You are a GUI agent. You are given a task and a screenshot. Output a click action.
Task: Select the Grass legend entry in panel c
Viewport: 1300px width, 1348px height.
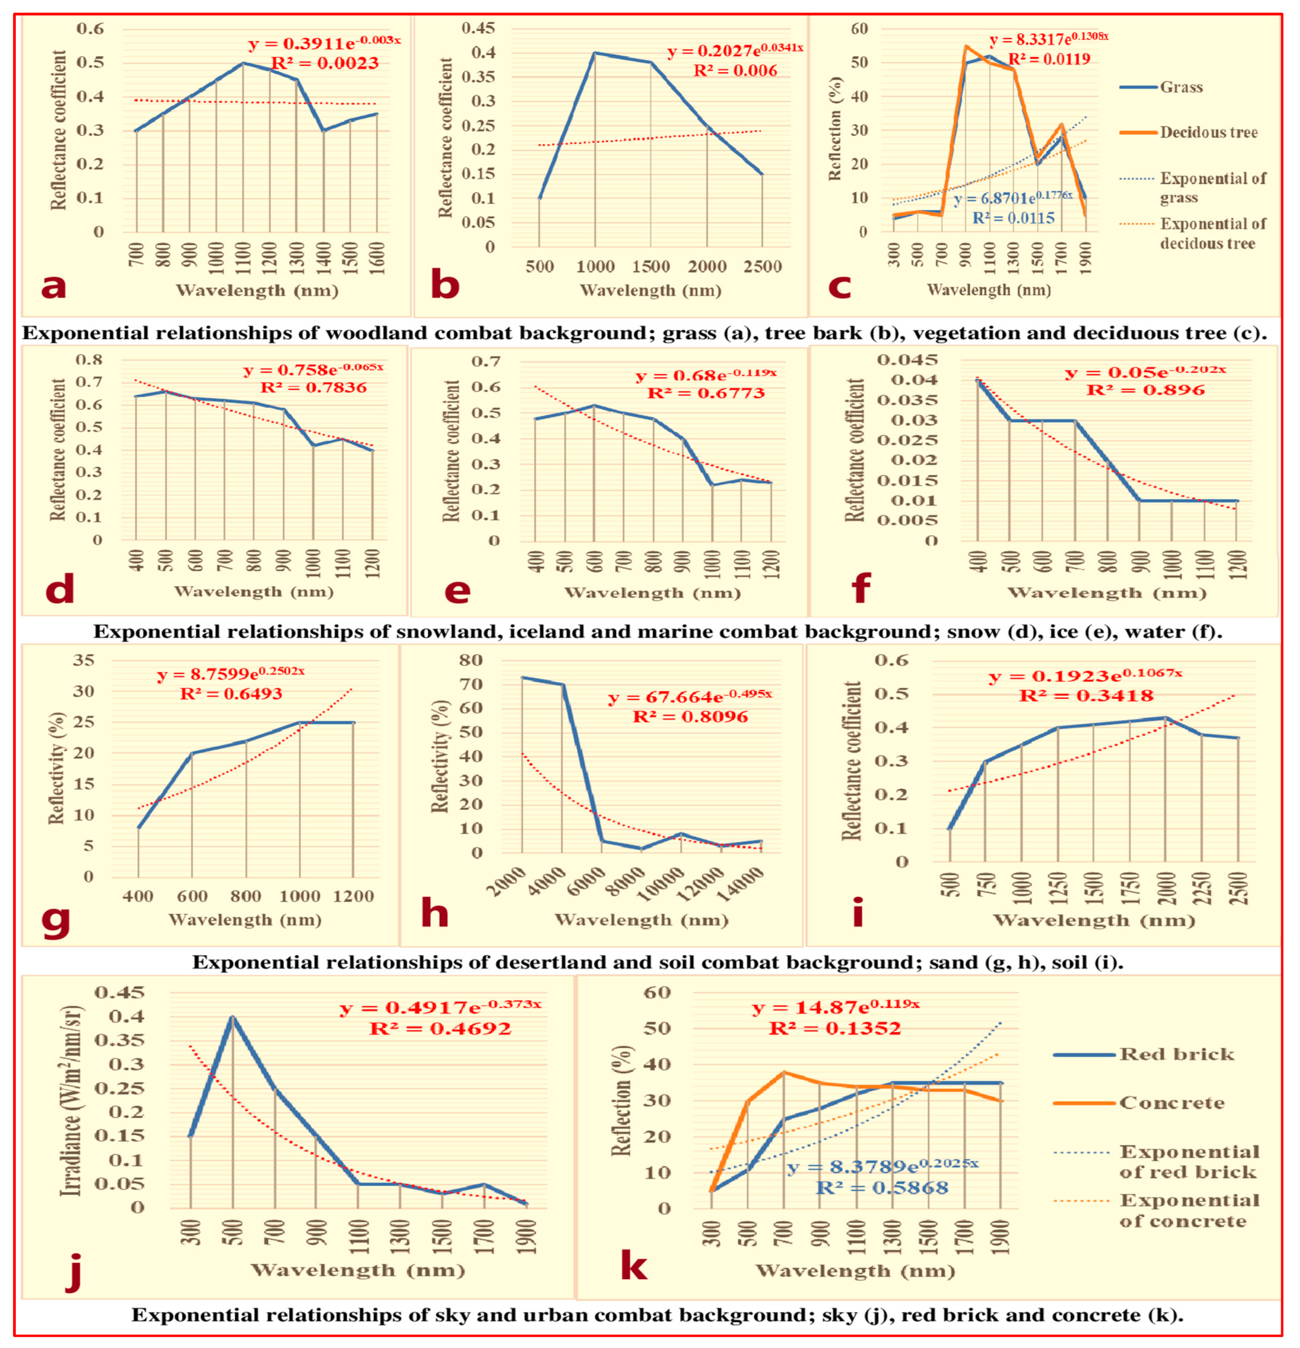click(x=1181, y=88)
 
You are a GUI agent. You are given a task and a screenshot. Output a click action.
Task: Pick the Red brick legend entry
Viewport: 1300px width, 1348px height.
click(x=1176, y=1054)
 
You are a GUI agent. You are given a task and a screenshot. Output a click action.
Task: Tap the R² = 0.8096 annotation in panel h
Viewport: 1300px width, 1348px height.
click(x=690, y=716)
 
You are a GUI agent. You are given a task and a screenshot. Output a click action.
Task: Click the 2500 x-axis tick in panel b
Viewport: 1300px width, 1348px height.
click(x=762, y=267)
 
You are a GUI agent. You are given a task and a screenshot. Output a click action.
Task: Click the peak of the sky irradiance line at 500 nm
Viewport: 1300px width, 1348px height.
click(x=233, y=1016)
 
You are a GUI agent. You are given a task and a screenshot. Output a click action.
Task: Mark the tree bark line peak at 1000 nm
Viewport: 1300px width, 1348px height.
click(x=594, y=53)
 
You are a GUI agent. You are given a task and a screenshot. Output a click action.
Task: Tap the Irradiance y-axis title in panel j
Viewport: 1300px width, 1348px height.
click(x=71, y=1100)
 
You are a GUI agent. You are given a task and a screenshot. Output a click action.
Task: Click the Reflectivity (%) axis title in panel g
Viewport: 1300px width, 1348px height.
click(x=56, y=768)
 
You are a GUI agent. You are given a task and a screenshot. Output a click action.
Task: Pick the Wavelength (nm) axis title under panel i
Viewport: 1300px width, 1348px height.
click(x=1094, y=921)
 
